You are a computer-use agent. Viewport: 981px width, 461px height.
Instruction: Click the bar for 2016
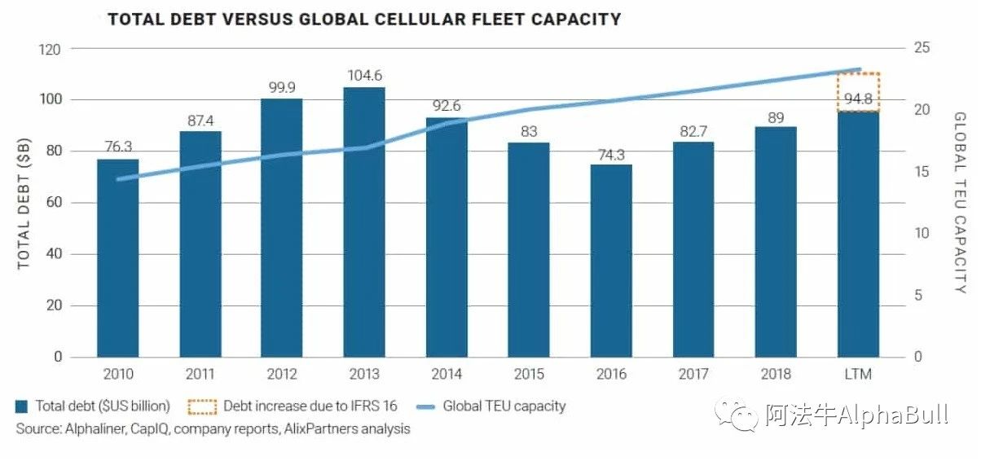[x=611, y=261]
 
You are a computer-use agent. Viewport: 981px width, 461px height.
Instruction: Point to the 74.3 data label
[x=611, y=155]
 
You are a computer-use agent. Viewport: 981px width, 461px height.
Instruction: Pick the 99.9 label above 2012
[x=282, y=88]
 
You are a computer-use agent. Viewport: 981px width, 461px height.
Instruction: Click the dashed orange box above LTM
[x=859, y=91]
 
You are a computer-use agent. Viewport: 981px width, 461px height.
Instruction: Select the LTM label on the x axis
[x=858, y=374]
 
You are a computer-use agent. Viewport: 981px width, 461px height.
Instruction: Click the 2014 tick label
[x=447, y=374]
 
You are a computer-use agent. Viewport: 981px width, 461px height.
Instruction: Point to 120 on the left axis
[x=51, y=49]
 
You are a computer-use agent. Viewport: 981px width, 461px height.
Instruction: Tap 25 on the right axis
[x=922, y=49]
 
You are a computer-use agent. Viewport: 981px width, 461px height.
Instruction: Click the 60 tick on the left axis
[x=54, y=203]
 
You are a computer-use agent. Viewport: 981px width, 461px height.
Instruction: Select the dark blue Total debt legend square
[x=22, y=406]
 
